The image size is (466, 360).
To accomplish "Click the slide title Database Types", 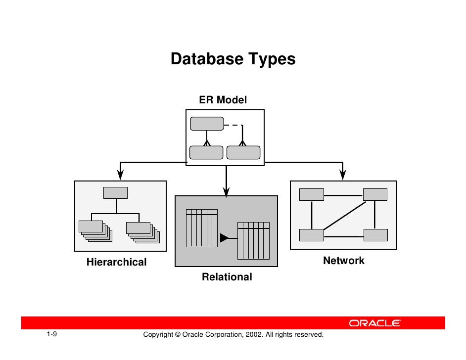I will click(233, 59).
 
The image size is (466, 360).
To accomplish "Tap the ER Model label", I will click(223, 100).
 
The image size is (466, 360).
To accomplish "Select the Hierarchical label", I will click(117, 262).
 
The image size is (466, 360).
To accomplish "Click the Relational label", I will click(227, 277).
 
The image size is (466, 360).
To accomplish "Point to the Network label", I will click(343, 261).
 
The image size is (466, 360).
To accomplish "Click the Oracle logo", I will click(375, 323).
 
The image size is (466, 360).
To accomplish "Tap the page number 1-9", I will click(52, 335).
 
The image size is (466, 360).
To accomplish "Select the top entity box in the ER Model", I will click(207, 124).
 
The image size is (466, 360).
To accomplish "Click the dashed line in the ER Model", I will click(233, 126).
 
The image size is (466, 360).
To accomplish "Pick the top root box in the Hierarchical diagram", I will click(115, 193).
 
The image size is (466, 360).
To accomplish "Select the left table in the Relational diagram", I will click(202, 228).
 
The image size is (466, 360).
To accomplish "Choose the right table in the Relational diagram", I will click(254, 240).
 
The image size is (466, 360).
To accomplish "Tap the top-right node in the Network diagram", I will click(374, 194).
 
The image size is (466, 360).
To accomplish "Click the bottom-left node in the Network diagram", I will click(311, 235).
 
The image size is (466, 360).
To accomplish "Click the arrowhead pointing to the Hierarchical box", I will click(120, 174).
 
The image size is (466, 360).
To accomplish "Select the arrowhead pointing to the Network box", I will click(342, 174).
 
